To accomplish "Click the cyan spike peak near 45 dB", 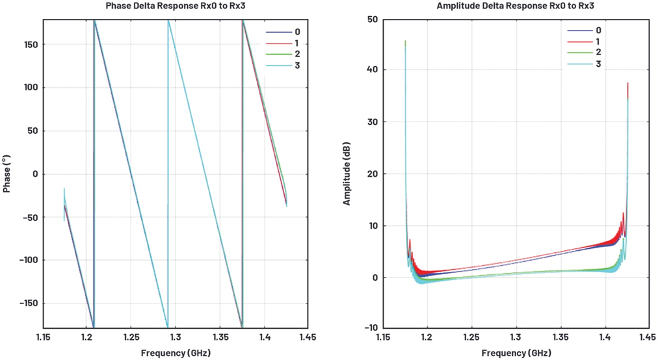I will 405,42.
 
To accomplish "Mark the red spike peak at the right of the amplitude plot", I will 627,84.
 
